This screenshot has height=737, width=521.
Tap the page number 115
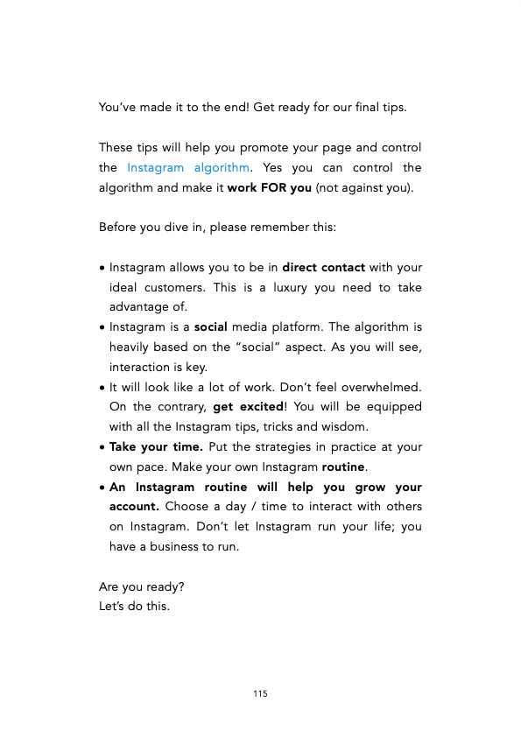tap(260, 694)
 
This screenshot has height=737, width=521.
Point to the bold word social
tap(211, 327)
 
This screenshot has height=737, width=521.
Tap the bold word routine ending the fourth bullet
tap(343, 467)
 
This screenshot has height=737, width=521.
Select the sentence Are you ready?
tap(135, 587)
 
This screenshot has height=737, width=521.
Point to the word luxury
tap(293, 287)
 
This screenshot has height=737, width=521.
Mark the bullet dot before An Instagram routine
tap(103, 488)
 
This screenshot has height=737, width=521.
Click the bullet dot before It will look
tap(103, 388)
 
